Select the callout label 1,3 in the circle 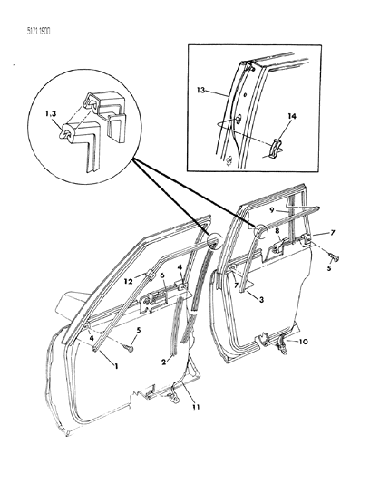coord(49,113)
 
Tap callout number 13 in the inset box coord(200,91)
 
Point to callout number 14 coord(292,116)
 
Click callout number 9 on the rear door coord(272,211)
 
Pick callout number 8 coord(277,230)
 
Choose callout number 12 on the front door coord(129,281)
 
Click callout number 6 coord(161,275)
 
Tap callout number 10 coord(304,342)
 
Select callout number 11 coord(196,407)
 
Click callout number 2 coord(164,362)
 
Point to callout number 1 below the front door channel coord(116,366)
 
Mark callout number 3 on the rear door coord(261,299)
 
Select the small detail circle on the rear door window coord(261,231)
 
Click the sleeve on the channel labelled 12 coord(150,275)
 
